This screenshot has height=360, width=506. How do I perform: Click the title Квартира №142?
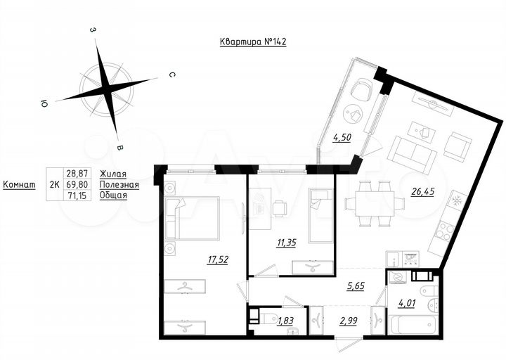pyautogui.click(x=251, y=41)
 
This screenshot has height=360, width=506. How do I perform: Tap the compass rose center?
pyautogui.click(x=105, y=89)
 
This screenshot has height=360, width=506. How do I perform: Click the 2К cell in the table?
pyautogui.click(x=54, y=184)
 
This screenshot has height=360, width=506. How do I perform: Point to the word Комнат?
pyautogui.click(x=20, y=184)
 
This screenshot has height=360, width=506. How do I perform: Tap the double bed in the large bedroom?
pyautogui.click(x=193, y=217)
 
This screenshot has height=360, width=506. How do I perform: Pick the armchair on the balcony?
pyautogui.click(x=361, y=90)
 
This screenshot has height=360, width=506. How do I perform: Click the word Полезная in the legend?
pyautogui.click(x=119, y=184)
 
